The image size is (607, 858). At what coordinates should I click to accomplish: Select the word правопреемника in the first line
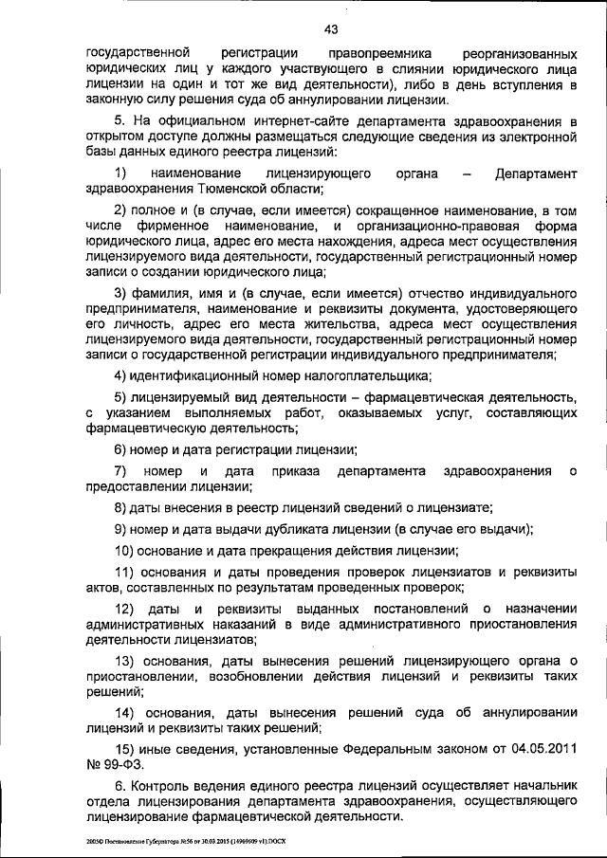coord(365,50)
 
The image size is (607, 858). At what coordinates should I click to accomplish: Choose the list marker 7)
coord(120,472)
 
